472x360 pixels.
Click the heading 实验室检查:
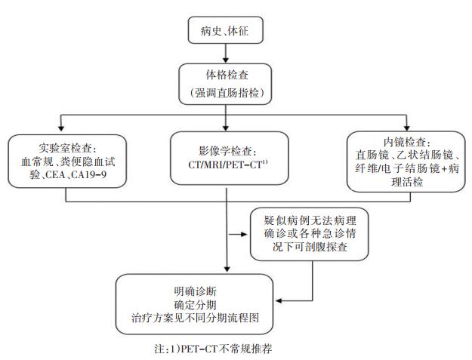[x=66, y=147]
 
